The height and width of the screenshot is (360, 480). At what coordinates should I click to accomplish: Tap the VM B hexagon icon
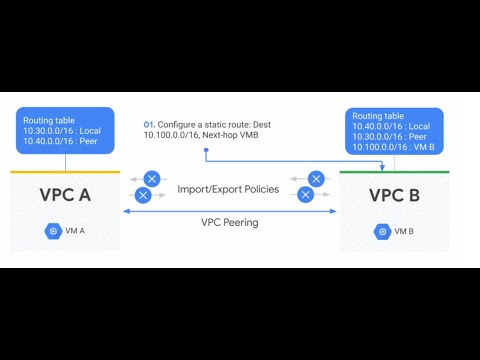(x=381, y=231)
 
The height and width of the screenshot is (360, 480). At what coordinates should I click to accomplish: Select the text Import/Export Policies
(x=230, y=188)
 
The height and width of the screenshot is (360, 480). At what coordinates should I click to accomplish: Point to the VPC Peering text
(x=230, y=222)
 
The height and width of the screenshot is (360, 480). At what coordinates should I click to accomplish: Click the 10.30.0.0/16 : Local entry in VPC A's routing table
(x=61, y=131)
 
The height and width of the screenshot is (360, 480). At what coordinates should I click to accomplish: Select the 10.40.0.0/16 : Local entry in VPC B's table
(x=391, y=127)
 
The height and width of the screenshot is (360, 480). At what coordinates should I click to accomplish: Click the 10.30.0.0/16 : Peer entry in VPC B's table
(x=390, y=137)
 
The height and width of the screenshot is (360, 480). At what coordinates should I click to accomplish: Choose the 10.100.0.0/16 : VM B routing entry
(x=393, y=148)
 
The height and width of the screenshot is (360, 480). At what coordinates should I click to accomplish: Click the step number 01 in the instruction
(x=149, y=124)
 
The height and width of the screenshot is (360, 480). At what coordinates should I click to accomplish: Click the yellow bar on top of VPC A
(x=65, y=172)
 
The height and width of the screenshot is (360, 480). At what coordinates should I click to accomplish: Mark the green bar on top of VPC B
(x=394, y=172)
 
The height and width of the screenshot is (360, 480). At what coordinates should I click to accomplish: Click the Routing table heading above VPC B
(x=375, y=116)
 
